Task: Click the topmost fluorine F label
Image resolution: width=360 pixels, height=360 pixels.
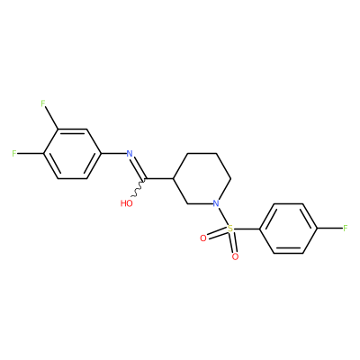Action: (43, 103)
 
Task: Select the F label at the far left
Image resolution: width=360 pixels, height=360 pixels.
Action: (13, 154)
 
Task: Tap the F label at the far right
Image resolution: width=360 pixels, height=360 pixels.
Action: (346, 229)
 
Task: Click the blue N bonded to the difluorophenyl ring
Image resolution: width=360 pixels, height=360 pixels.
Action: (130, 154)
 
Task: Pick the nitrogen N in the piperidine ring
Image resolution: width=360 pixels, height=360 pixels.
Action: (216, 203)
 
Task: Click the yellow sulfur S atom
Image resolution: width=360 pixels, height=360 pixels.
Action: (230, 229)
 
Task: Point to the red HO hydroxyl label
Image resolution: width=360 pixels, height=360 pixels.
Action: (127, 203)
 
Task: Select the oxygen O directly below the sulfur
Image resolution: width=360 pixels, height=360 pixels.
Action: (235, 256)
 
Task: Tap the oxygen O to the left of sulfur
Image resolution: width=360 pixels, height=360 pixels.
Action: (203, 238)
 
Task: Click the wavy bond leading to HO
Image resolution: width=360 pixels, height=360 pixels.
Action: (139, 188)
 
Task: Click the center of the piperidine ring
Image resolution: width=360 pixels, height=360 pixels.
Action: (202, 179)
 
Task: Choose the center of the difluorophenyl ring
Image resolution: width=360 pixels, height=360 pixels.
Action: (72, 154)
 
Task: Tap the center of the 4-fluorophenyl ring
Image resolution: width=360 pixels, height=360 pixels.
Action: (288, 229)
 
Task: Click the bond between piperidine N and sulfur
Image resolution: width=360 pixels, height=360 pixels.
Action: (222, 215)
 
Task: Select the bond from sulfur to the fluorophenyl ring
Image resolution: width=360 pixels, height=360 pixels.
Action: (247, 229)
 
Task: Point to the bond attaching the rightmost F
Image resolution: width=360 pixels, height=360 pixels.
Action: (329, 229)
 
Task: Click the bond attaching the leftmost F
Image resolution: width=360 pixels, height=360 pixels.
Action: (30, 154)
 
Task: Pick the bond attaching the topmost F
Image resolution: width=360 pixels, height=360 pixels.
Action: (51, 118)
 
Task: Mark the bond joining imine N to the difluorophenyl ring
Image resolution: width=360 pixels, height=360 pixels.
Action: (113, 154)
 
